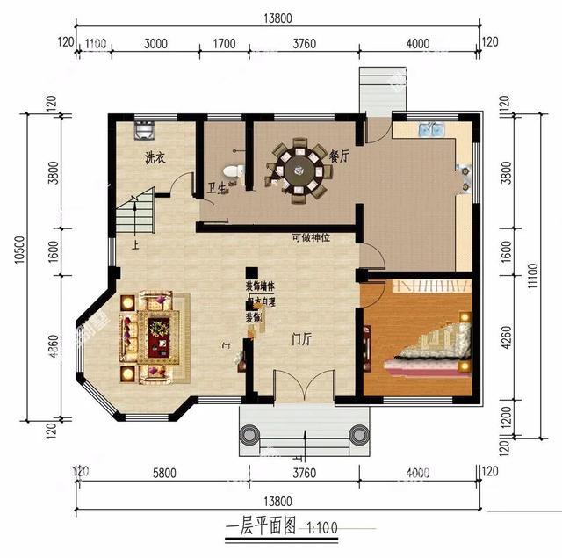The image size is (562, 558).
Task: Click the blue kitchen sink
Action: coord(432,130)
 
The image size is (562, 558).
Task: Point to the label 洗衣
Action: coord(155,158)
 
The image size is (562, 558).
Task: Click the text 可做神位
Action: coord(311,238)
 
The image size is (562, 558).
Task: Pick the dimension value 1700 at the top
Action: coord(224,41)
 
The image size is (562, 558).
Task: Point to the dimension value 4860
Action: coord(54,351)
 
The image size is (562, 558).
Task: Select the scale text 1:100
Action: coord(321,529)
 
